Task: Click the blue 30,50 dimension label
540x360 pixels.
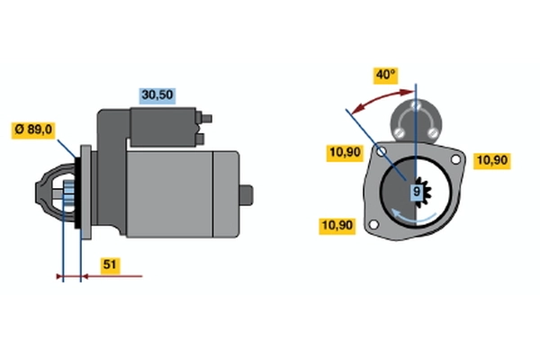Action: [157, 95]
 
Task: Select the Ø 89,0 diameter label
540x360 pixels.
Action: [33, 130]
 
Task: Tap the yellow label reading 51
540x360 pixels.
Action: [110, 265]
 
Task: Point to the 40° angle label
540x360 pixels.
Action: [386, 76]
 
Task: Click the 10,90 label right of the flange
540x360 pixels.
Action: [492, 161]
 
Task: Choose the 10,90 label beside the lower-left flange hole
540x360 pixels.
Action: [337, 226]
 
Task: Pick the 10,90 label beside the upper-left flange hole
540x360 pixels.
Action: [345, 153]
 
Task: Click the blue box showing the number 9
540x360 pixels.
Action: [417, 192]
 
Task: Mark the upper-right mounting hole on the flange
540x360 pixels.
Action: [455, 159]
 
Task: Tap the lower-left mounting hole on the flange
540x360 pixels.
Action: [373, 225]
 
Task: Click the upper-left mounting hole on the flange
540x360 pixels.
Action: [382, 151]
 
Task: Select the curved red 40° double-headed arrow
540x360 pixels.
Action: [382, 99]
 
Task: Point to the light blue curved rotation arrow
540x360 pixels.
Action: [412, 217]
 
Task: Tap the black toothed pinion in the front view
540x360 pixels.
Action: [422, 192]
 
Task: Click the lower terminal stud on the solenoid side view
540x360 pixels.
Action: [200, 139]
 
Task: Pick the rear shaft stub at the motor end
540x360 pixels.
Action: [247, 195]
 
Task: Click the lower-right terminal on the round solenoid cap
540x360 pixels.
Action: [433, 132]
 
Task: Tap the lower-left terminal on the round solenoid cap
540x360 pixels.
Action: [399, 132]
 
